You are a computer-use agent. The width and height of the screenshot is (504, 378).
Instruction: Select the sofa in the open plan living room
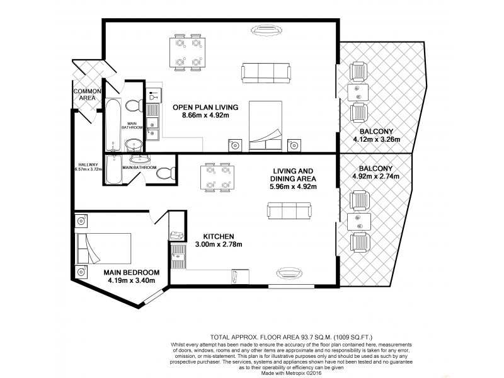[267, 72]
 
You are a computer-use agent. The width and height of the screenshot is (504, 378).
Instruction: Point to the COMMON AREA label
[87, 95]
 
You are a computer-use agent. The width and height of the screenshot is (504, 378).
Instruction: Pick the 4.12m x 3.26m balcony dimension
[375, 140]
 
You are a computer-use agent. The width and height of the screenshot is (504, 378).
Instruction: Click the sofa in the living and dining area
[289, 211]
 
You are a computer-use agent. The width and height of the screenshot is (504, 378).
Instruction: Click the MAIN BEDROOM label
[127, 272]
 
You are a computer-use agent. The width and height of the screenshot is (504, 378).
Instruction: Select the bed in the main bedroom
[103, 249]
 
